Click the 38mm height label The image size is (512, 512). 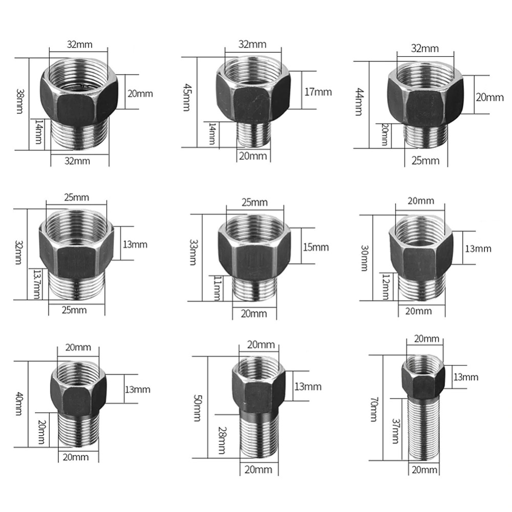[19, 101]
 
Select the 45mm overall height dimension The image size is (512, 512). [186, 97]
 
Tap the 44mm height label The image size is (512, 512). [359, 101]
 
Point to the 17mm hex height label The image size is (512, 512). [318, 92]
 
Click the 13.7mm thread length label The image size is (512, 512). [37, 284]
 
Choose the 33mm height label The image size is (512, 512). [194, 252]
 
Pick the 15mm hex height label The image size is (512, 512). [315, 247]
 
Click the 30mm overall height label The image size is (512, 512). [365, 258]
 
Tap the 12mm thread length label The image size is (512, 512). [386, 287]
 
